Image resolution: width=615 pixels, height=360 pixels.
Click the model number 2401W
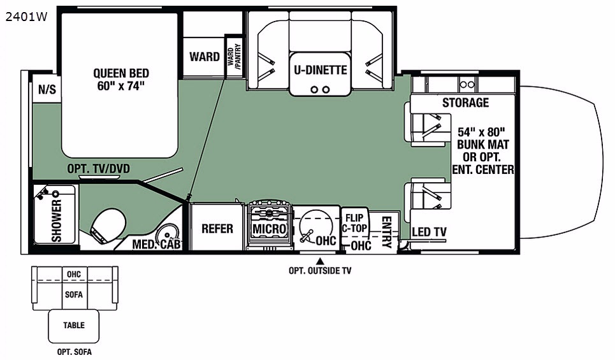tap(26, 17)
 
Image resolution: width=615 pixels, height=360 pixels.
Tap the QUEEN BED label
tap(121, 73)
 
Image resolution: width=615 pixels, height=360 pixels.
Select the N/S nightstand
tap(47, 90)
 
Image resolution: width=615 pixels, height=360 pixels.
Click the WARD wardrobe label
tap(205, 57)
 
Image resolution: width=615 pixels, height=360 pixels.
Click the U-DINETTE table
tap(320, 74)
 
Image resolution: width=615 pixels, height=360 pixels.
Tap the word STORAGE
tap(466, 103)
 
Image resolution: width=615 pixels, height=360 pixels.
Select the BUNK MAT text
tap(483, 144)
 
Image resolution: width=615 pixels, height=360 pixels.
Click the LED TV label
tap(429, 232)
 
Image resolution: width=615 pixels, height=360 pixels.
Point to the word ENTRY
tap(386, 232)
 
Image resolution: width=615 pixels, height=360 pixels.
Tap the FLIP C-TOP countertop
tap(354, 224)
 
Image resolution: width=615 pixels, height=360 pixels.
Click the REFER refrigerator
tap(216, 227)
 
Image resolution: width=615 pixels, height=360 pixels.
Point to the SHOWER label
tap(57, 220)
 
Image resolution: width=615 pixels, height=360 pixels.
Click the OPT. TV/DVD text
tap(98, 169)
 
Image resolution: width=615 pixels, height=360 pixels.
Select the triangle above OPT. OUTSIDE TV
tap(320, 261)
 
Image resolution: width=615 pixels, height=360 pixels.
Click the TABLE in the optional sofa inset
tap(74, 326)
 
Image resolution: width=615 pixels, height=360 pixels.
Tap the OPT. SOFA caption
tap(75, 352)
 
